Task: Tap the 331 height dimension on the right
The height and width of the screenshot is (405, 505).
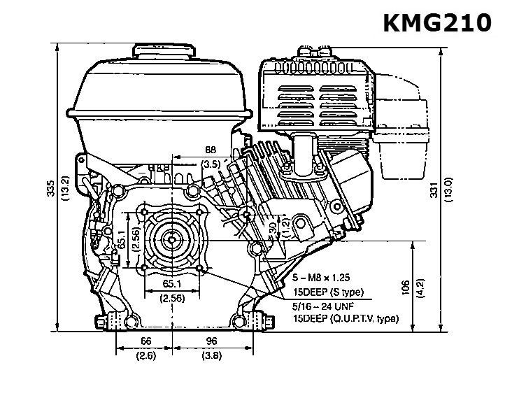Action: click(433, 187)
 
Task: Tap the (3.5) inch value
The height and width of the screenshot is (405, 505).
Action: click(210, 164)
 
